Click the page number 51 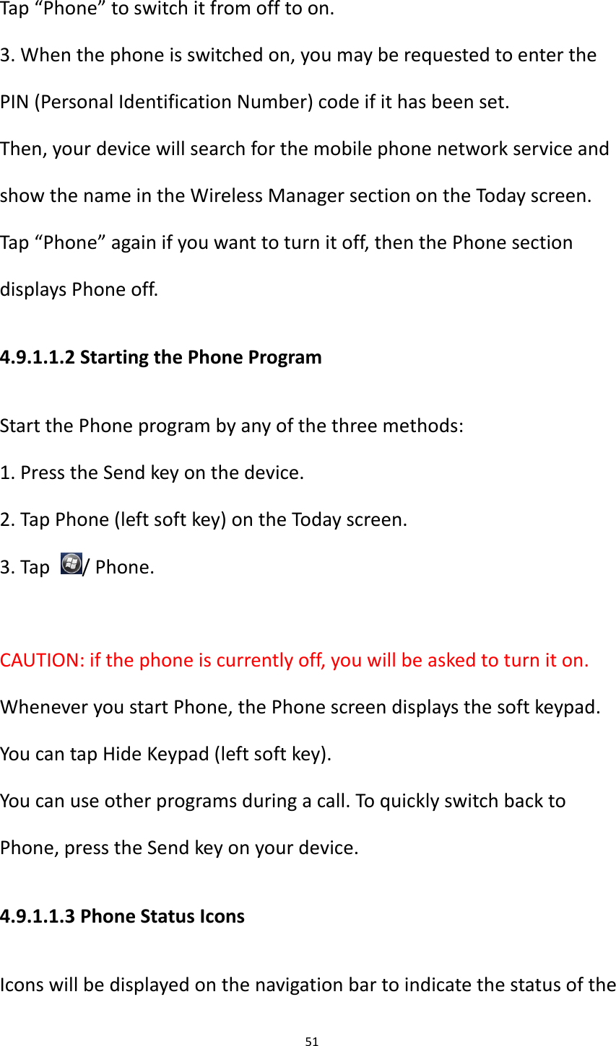pos(311,1041)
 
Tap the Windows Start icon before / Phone pos(72,564)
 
